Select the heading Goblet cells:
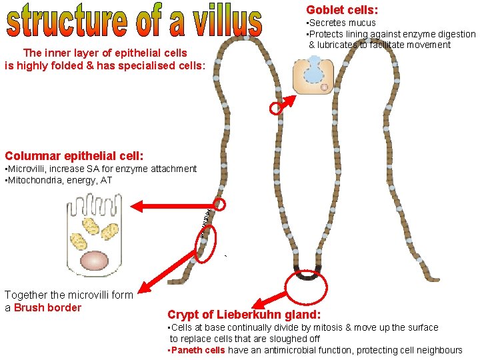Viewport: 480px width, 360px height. click(342, 10)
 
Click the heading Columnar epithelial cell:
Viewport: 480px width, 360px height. click(73, 156)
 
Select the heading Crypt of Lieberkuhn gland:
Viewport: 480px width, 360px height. click(244, 315)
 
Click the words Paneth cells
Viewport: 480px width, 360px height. click(199, 350)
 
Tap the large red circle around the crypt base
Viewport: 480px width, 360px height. click(306, 283)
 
